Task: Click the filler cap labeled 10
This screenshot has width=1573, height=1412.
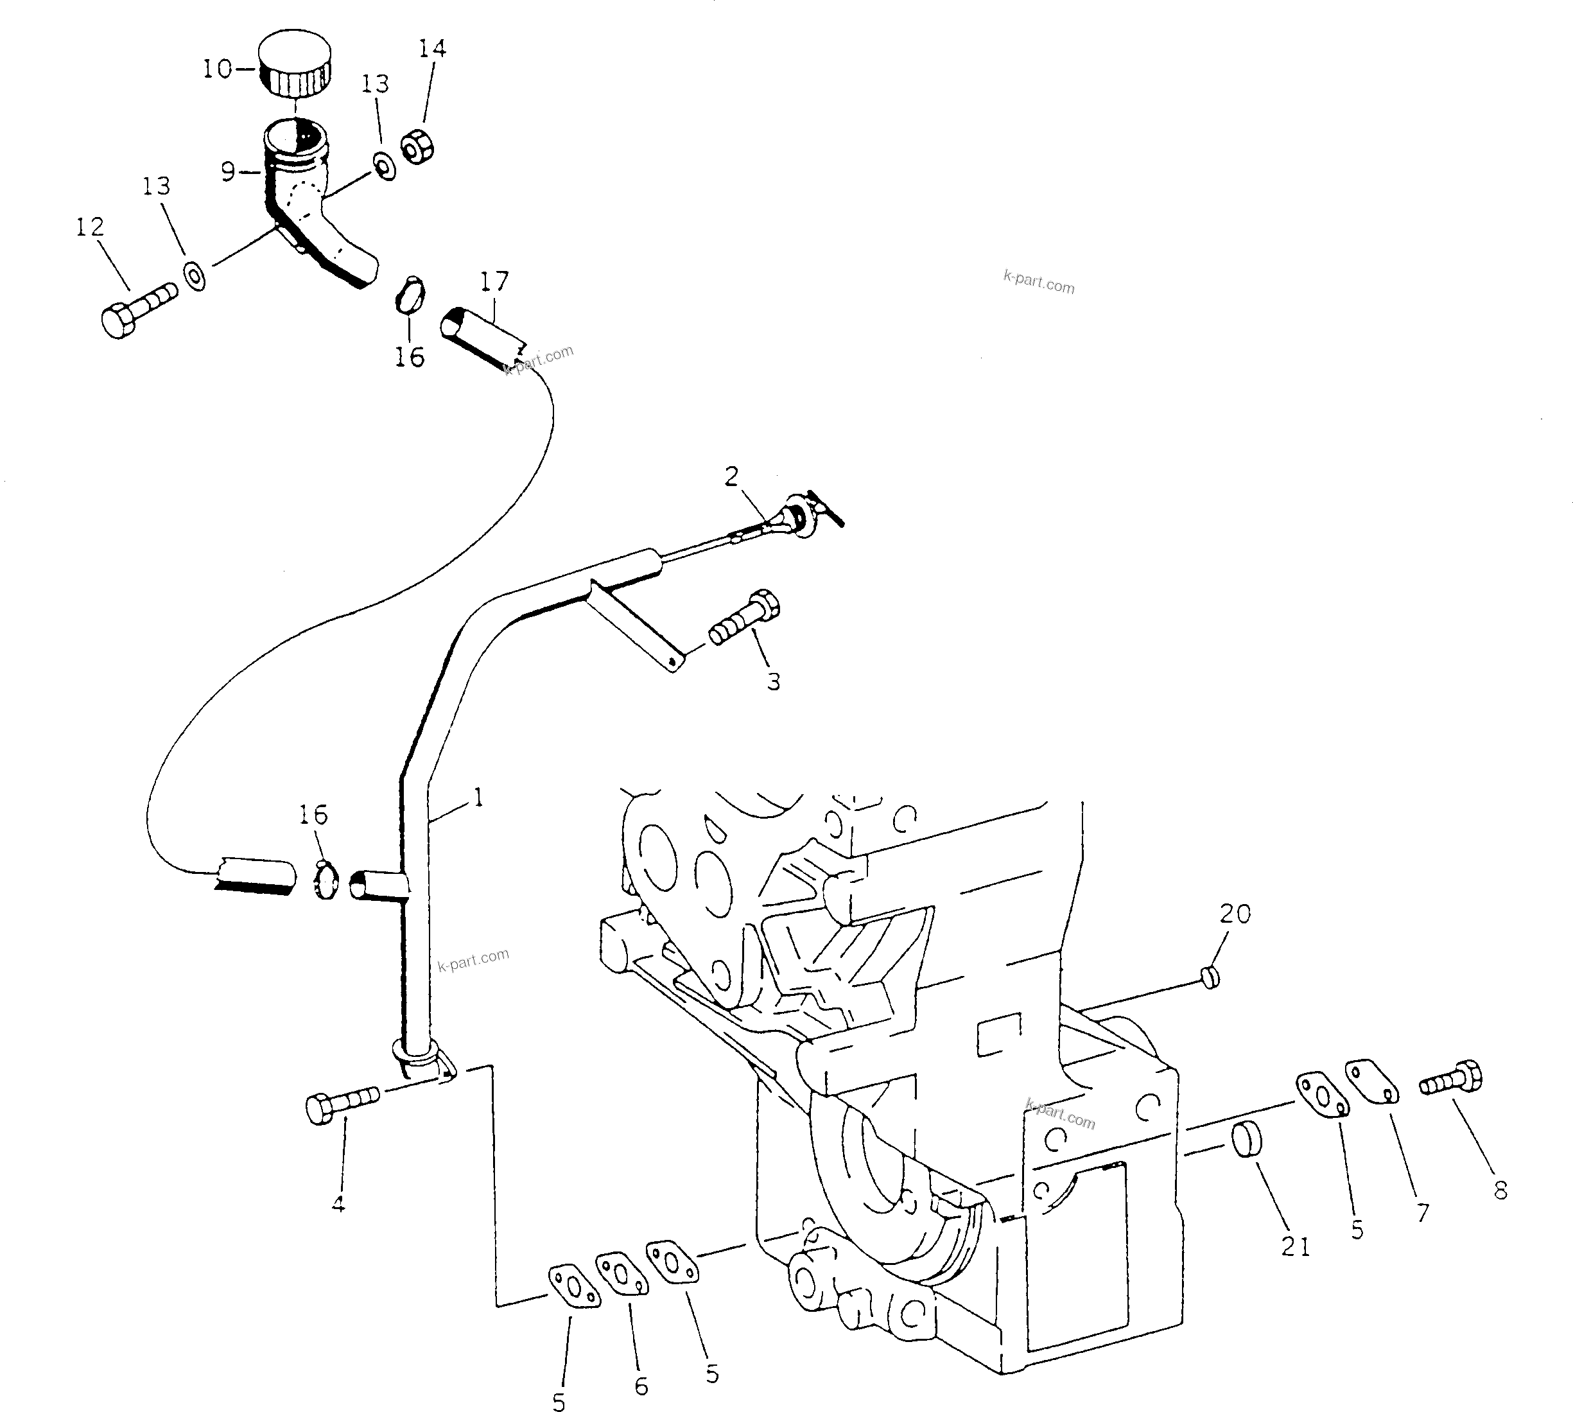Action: point(295,64)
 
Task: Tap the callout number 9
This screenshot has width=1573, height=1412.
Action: point(228,171)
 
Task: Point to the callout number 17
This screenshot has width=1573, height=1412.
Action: point(494,281)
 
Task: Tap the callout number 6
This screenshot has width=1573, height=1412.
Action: point(641,1386)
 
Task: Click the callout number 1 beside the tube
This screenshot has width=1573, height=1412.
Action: point(478,797)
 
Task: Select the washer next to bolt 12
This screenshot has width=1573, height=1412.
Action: point(194,275)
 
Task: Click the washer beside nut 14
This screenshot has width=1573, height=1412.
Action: point(384,166)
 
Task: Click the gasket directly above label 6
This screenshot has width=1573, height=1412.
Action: point(622,1275)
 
